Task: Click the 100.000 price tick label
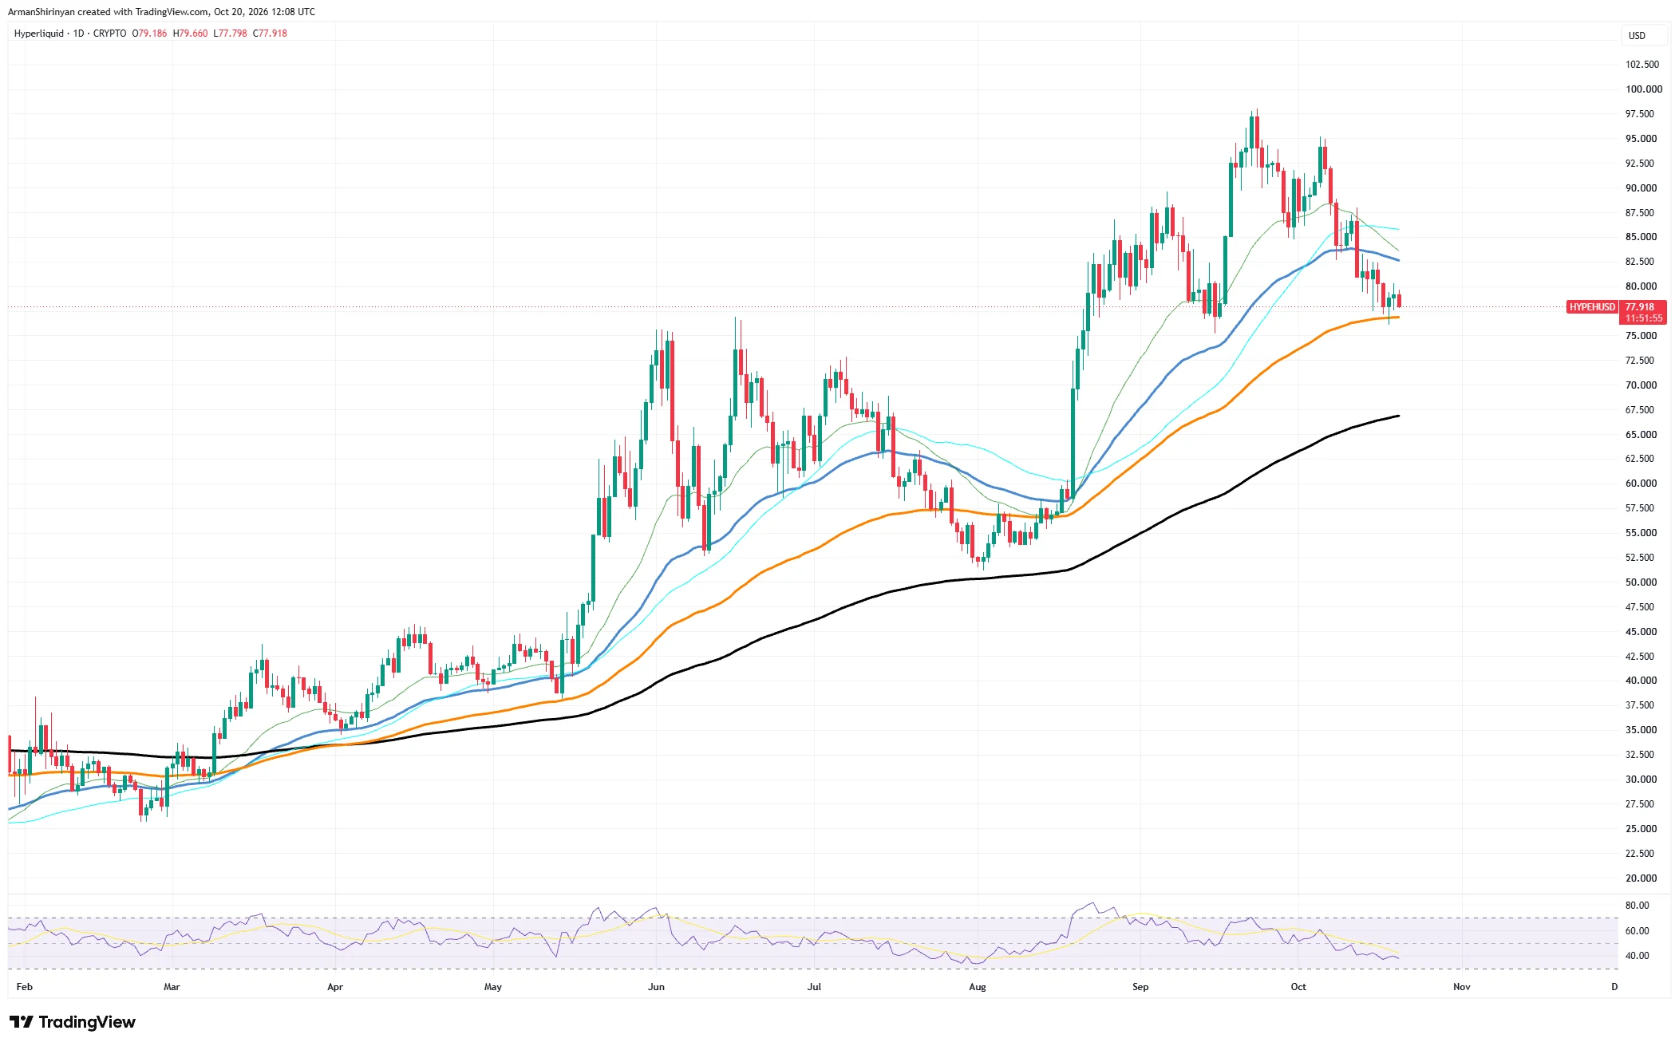[1644, 89]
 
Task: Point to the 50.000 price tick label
[1641, 582]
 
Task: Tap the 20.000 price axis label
[1641, 878]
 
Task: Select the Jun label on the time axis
[656, 987]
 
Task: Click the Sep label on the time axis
[1140, 987]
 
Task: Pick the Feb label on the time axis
[25, 987]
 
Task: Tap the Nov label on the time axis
[1462, 987]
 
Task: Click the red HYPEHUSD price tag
[1592, 307]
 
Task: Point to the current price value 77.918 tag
[1640, 307]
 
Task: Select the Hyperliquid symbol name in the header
[38, 34]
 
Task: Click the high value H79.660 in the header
[190, 34]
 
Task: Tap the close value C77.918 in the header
[270, 34]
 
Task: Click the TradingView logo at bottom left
[73, 1022]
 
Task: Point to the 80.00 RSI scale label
[1637, 906]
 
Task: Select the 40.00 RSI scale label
[1637, 956]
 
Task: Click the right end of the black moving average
[1399, 416]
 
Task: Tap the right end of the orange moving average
[1399, 317]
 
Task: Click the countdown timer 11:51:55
[1644, 318]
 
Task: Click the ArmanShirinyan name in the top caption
[41, 12]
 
